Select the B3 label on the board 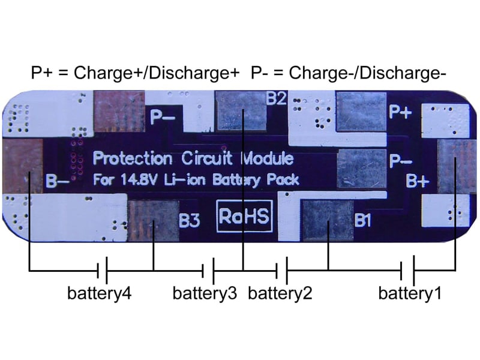click(x=190, y=221)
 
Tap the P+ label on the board click(x=400, y=112)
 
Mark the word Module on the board click(x=267, y=159)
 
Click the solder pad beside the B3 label click(x=153, y=221)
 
